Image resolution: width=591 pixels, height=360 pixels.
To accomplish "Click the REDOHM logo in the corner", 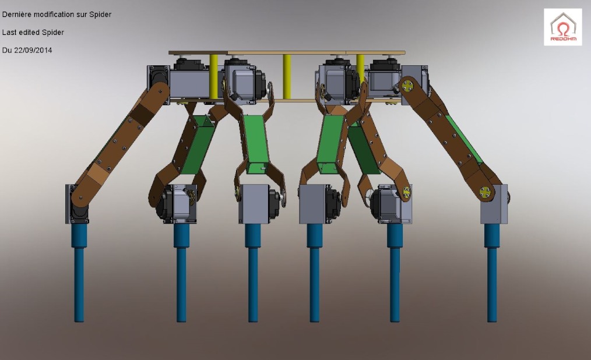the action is pos(562,27).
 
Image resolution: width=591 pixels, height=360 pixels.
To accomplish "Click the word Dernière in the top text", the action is pos(17,15).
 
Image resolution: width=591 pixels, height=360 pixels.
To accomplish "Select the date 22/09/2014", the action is pos(33,50).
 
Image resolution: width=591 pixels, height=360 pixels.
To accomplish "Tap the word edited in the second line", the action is pos(29,33).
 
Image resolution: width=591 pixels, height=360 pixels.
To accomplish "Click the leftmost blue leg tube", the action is pos(79,272).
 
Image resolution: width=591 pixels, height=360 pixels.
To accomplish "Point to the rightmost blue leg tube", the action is pos(492,272).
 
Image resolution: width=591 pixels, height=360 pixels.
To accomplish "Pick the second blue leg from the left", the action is pos(181,272).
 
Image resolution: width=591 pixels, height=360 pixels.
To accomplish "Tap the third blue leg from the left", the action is pos(253,272).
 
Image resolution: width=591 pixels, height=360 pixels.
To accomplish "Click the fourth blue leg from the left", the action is pos(314,272).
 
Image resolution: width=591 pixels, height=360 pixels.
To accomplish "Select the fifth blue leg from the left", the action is pos(395,272).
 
